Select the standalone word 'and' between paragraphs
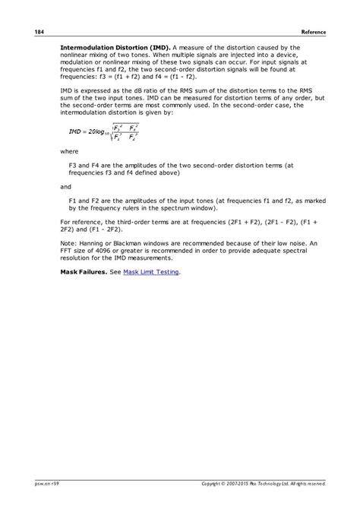[x=66, y=185]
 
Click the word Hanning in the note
[x=87, y=243]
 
